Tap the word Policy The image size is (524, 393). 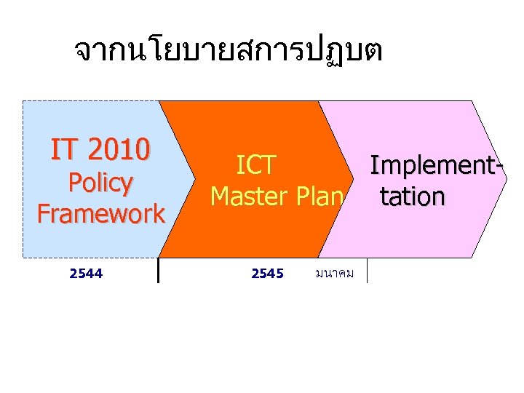(100, 183)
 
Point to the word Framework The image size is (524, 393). (101, 214)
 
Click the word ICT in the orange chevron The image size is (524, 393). (256, 166)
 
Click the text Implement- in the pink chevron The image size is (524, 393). (437, 165)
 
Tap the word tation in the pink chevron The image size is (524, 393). (411, 196)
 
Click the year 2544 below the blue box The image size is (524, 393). (85, 274)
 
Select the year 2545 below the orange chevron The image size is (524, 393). (267, 274)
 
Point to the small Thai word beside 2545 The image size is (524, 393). (335, 274)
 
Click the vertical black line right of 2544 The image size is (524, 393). (158, 270)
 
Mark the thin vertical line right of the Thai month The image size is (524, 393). (368, 270)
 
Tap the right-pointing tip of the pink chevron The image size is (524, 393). (506, 179)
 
